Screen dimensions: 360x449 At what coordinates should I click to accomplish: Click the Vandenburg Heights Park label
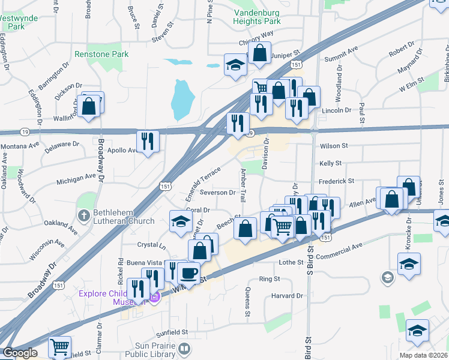click(x=257, y=15)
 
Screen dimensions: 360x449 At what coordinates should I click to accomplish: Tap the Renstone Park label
click(x=101, y=54)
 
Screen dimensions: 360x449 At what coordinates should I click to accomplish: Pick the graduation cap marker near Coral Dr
click(x=181, y=220)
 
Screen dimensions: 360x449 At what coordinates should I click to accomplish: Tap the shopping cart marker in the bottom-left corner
click(x=59, y=346)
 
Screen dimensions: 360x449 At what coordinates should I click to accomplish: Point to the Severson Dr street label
click(x=218, y=193)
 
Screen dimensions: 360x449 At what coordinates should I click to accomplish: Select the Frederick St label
click(x=337, y=180)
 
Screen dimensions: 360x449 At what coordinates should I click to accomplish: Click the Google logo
click(x=19, y=353)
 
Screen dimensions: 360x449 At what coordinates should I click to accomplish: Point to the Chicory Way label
click(x=256, y=34)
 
